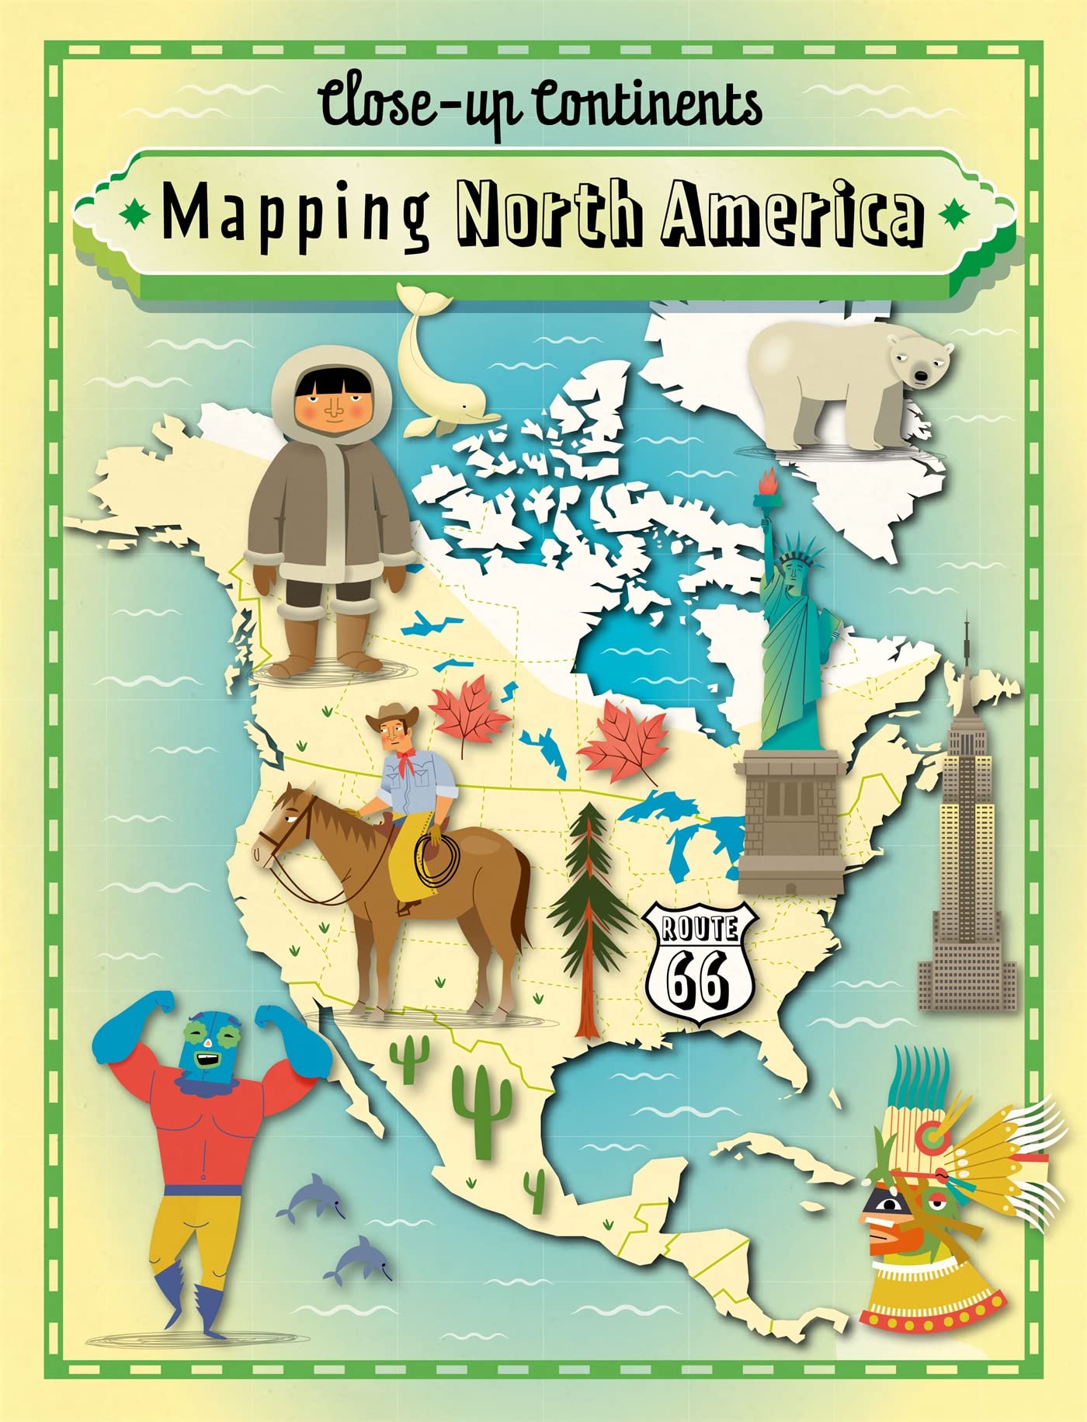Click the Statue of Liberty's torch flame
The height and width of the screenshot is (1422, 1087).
pos(770,482)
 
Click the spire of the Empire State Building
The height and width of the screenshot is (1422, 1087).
pos(967,652)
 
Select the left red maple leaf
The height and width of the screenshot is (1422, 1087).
pos(467,714)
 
